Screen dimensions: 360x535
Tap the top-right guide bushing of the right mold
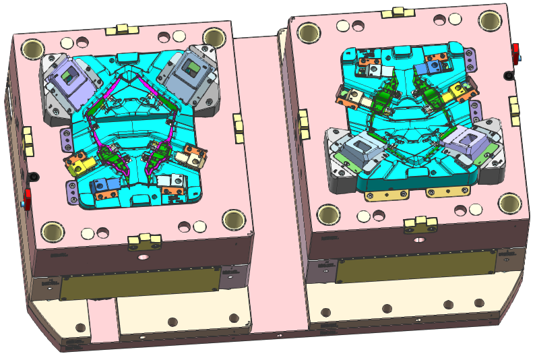click(490, 21)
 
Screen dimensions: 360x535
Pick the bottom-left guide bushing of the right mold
click(328, 214)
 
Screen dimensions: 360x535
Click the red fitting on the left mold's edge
click(28, 198)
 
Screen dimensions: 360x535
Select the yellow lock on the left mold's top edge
click(122, 29)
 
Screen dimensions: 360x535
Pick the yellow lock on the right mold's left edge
click(303, 124)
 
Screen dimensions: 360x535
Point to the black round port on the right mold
click(507, 76)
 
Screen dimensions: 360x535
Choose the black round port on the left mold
click(34, 177)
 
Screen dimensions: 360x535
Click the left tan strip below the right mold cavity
click(387, 195)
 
